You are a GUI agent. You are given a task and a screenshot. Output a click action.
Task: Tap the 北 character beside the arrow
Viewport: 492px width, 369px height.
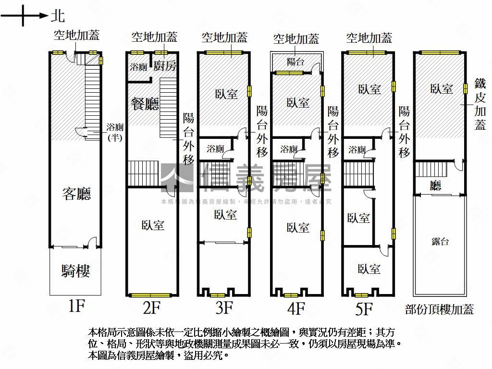(57, 16)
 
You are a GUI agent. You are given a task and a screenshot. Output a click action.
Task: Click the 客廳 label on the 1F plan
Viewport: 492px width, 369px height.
(76, 194)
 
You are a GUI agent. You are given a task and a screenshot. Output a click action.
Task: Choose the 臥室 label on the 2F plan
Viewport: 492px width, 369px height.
(153, 225)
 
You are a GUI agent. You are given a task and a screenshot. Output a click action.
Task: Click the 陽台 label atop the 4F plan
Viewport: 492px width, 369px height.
(295, 61)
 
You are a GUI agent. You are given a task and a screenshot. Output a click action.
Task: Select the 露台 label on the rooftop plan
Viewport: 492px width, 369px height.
(440, 242)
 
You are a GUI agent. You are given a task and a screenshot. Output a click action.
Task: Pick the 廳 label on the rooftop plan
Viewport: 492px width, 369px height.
(435, 186)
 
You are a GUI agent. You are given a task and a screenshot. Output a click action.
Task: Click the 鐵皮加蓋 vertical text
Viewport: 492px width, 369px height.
(480, 104)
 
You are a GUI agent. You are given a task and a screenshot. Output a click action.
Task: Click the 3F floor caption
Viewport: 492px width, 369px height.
(224, 307)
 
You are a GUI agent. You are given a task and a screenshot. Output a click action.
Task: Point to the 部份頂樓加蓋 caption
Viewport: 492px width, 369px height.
(439, 309)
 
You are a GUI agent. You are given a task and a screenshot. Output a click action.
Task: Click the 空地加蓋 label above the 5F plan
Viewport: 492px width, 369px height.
(369, 37)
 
